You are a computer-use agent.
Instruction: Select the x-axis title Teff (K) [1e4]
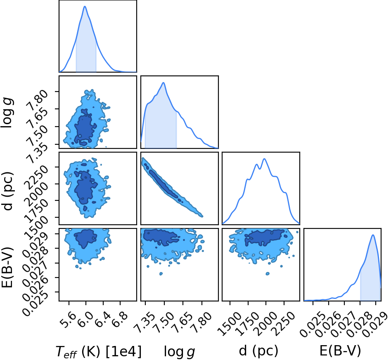(98, 352)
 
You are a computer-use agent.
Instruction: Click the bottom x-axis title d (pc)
(258, 351)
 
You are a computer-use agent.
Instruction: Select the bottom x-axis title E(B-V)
(340, 351)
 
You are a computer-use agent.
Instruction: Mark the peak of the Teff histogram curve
(85, 6)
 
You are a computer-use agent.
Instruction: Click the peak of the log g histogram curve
(164, 82)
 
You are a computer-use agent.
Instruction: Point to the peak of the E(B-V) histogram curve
(373, 235)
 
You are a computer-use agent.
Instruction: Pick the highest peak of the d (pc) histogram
(264, 159)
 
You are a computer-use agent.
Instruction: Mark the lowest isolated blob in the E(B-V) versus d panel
(268, 273)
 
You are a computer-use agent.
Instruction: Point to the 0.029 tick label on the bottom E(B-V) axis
(375, 325)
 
